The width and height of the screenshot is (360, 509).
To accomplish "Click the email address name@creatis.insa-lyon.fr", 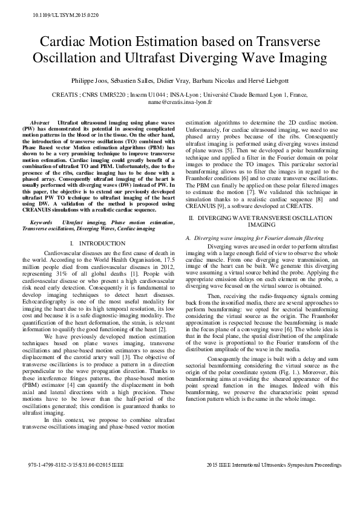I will pyautogui.click(x=180, y=103).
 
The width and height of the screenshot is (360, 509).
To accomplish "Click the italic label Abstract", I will pyautogui.click(x=39, y=122).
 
